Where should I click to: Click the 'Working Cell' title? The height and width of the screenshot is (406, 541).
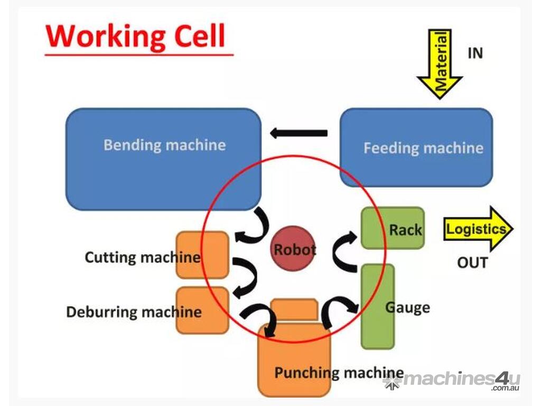[x=136, y=36]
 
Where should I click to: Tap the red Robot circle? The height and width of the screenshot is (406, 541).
[x=294, y=249]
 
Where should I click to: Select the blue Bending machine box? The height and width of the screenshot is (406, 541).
[x=163, y=159]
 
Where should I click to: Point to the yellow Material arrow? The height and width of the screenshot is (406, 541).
[x=440, y=63]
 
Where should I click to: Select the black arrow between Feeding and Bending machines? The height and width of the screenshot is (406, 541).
[x=299, y=133]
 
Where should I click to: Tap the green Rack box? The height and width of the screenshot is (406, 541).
[x=393, y=228]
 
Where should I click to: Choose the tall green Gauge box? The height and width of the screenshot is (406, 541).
[x=377, y=307]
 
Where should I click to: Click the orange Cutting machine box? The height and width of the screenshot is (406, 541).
[x=202, y=255]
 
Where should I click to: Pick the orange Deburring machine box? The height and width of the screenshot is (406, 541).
[x=202, y=310]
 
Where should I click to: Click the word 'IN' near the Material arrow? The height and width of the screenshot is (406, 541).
[x=475, y=53]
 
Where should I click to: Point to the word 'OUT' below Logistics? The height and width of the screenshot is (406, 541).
[x=472, y=263]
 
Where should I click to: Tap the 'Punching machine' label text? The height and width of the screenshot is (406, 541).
[x=338, y=373]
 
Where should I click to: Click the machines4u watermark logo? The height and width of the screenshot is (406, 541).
[x=452, y=380]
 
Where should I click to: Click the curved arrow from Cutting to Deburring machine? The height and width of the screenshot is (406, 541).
[x=244, y=276]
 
